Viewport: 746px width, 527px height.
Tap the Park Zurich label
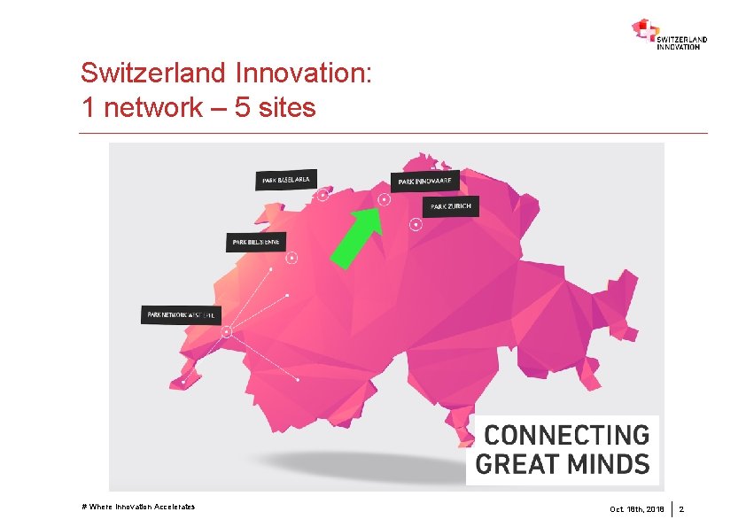450,206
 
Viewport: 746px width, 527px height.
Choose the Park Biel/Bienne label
256,241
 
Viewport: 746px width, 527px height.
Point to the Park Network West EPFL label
182,314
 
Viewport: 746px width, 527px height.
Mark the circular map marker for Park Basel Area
323,195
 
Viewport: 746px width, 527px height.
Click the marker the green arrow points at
385,199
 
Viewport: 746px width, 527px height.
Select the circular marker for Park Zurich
416,224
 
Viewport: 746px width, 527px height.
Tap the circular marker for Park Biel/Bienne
291,259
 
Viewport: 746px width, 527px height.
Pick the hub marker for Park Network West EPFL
227,332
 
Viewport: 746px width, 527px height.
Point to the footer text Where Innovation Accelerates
138,507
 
